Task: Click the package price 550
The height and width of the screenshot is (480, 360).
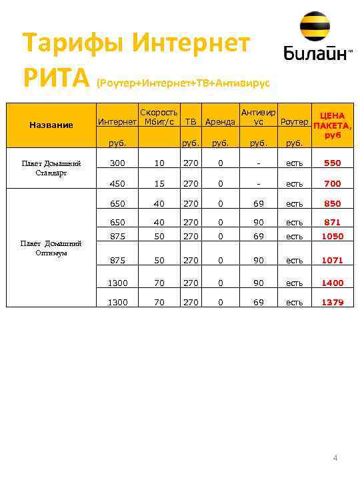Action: click(333, 163)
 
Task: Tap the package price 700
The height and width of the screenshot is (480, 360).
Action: click(333, 183)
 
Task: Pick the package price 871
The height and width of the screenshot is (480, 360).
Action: click(333, 222)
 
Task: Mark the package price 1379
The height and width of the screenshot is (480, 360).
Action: click(333, 303)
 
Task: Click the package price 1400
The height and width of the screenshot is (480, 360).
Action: click(333, 283)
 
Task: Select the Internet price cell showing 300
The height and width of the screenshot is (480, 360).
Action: click(117, 163)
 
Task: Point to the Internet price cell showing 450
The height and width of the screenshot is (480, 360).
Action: click(117, 183)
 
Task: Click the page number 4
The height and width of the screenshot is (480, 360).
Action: click(335, 458)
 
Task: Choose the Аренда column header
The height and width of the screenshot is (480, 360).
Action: click(220, 122)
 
